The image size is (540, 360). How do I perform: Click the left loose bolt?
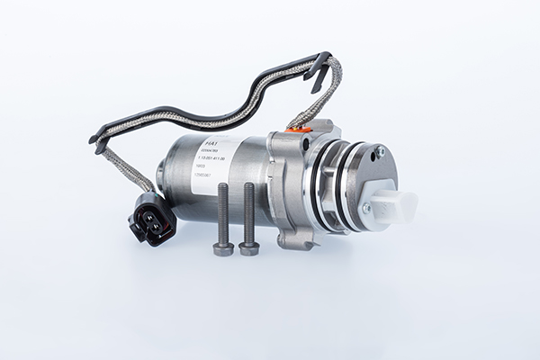(x=221, y=217)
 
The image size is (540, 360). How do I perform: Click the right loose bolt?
(x=247, y=217)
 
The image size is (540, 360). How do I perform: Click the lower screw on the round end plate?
(x=365, y=208)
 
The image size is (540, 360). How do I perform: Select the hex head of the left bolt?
(x=220, y=247)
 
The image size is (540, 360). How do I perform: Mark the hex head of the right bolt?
(x=247, y=246)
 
